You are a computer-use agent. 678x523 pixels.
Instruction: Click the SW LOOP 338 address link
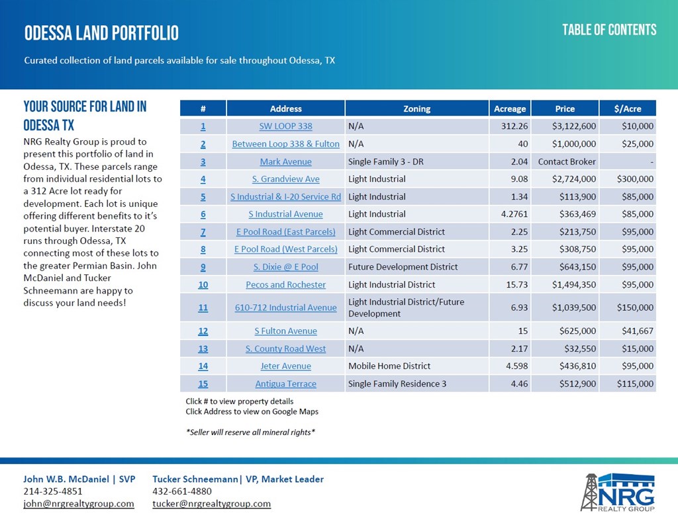point(285,126)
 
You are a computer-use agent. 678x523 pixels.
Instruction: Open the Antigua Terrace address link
point(285,383)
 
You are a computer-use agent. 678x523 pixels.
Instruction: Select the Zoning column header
point(417,108)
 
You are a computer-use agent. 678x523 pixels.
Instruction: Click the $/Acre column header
point(628,108)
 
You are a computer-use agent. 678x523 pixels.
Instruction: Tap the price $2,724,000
point(574,179)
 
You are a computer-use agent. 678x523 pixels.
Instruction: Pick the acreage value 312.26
point(514,126)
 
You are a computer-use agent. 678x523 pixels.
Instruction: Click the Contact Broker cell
point(567,161)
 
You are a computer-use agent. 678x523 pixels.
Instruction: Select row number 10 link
point(203,284)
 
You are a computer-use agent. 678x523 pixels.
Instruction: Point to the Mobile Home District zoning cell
point(389,366)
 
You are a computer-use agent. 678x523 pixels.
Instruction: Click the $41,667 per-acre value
point(638,331)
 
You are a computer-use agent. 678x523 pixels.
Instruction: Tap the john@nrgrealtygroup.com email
point(79,504)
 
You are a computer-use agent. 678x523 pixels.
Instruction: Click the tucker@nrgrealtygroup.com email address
point(211,504)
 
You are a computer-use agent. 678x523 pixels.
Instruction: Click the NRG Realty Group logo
point(618,493)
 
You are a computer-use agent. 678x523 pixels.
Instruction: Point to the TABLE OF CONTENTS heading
point(609,30)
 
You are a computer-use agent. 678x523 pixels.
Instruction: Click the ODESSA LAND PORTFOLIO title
point(101,33)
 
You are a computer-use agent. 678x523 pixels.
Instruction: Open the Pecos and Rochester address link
point(285,284)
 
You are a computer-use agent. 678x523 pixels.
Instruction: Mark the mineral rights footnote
point(250,432)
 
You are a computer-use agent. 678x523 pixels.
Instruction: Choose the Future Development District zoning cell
point(403,267)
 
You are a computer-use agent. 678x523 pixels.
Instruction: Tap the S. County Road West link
point(285,348)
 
